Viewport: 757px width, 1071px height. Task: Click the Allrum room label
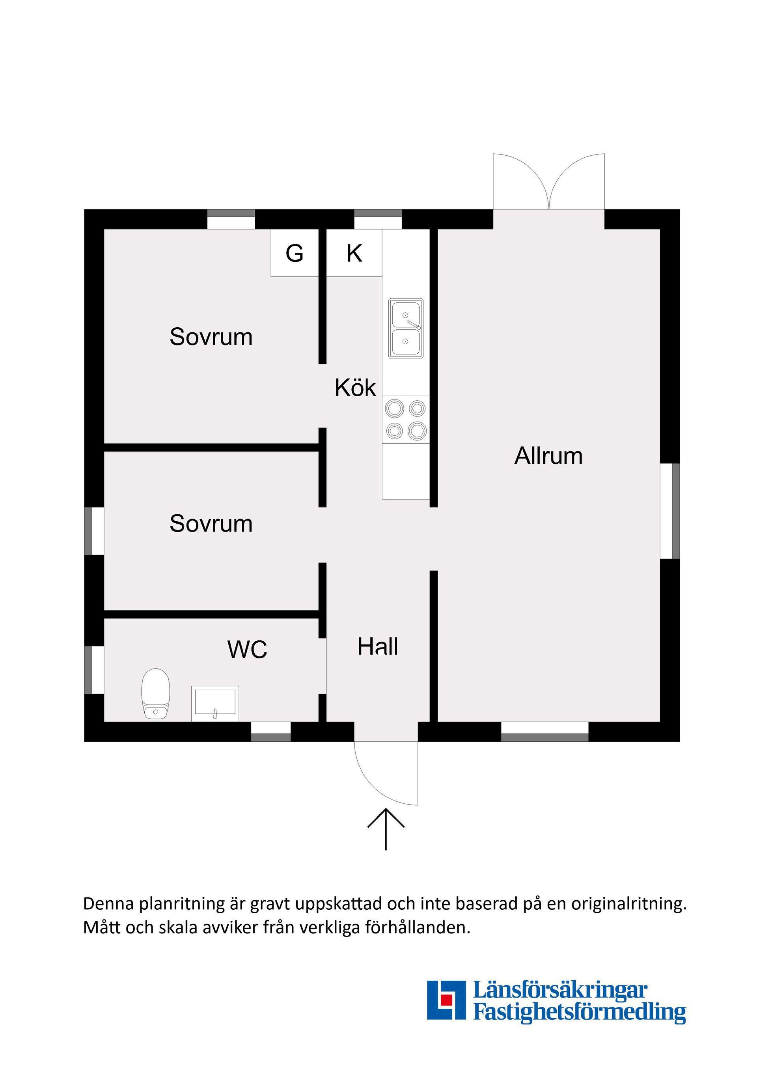[x=548, y=456]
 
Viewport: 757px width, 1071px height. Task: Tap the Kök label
[x=355, y=388]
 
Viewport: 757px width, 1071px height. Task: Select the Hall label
[x=378, y=647]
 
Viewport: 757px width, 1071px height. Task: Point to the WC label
[x=247, y=649]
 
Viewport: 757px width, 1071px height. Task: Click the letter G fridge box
[x=295, y=253]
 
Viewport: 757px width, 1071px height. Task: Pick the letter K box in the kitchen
[x=354, y=253]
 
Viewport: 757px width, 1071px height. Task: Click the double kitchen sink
[x=406, y=328]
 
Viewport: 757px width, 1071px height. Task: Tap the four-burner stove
[x=406, y=419]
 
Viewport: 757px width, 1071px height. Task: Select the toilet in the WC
[x=156, y=694]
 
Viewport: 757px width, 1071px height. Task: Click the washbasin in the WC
[x=215, y=703]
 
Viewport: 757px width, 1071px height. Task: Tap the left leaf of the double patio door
[x=521, y=181]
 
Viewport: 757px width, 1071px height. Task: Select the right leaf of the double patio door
[x=577, y=181]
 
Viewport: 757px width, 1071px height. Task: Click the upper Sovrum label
[x=211, y=337]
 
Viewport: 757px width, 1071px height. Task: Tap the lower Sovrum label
[x=211, y=523]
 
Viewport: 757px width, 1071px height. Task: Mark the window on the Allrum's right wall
[x=670, y=511]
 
